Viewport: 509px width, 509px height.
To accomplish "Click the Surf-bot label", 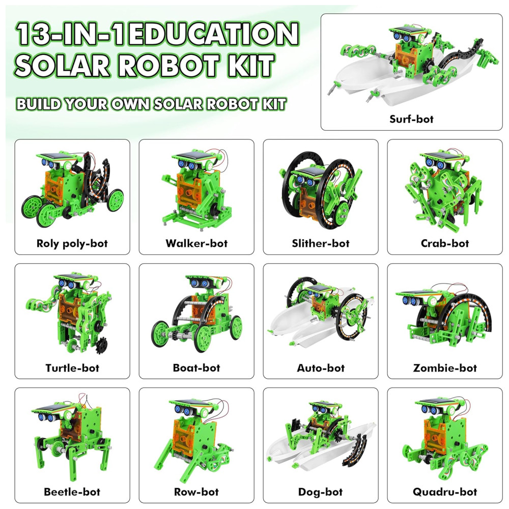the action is coord(411,119).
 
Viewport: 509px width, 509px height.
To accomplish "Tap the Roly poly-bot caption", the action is coord(72,243).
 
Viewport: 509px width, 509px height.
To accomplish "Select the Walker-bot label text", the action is coord(196,243).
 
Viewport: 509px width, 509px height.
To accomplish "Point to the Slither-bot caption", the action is coord(320,243).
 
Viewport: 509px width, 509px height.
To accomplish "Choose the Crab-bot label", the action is coord(445,243).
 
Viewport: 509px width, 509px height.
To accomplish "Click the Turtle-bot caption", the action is coord(72,368).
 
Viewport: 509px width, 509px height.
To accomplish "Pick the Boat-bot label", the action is coord(196,367).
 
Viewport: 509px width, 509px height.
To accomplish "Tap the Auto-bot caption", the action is coord(320,368).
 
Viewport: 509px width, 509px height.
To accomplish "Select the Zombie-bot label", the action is coord(445,368).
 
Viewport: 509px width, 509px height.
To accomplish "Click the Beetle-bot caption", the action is coord(72,492).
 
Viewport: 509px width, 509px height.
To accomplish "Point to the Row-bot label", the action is coord(196,492).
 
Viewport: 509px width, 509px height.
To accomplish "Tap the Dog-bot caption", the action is coord(320,492).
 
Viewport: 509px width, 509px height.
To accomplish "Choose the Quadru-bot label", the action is coord(445,492).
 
